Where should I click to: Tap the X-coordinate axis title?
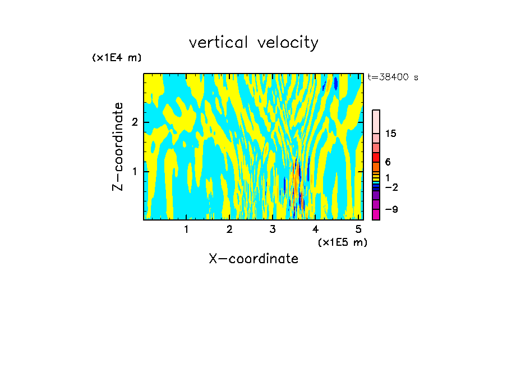point(253,259)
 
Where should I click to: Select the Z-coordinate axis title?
point(118,146)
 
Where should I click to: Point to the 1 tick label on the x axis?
point(186,229)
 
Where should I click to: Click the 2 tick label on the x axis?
point(229,229)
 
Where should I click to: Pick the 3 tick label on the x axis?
point(272,229)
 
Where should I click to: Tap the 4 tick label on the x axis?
point(315,229)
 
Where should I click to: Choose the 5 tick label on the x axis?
point(358,229)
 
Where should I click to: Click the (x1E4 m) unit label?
point(117,58)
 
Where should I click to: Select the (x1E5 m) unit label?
point(342,242)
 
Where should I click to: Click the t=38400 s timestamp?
point(393,77)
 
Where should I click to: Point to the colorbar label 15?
point(391,134)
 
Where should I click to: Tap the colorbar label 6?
point(388,162)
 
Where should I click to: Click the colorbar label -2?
point(391,187)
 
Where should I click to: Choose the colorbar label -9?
point(391,209)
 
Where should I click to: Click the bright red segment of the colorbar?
point(376,158)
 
